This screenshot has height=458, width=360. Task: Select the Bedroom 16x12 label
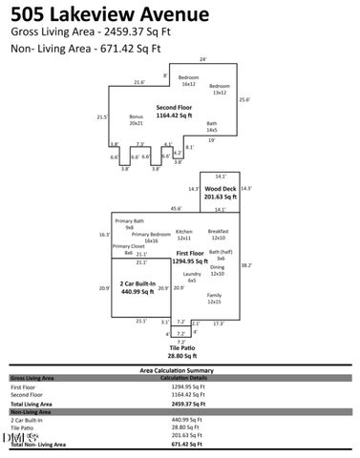click(189, 80)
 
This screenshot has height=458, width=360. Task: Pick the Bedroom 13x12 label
click(220, 89)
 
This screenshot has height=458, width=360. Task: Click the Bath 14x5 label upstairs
click(212, 126)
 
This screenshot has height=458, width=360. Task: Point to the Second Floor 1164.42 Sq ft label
click(174, 112)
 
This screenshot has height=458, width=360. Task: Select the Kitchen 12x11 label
click(184, 235)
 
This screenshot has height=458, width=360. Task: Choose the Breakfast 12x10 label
click(218, 235)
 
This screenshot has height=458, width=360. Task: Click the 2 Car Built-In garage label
click(134, 288)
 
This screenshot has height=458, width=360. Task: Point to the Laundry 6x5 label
click(191, 278)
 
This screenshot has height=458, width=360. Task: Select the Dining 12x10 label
click(217, 272)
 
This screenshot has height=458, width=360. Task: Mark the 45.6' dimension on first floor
click(176, 209)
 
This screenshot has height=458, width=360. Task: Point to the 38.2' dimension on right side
click(244, 266)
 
